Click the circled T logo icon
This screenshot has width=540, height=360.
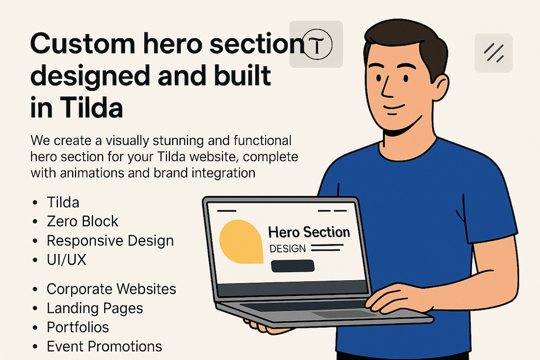(317, 44)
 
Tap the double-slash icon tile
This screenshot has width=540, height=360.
(493, 53)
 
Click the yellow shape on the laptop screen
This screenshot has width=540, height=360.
(241, 242)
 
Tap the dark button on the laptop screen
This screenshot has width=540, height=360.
(293, 266)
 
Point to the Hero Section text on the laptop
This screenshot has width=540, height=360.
(309, 232)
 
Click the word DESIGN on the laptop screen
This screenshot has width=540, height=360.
(288, 249)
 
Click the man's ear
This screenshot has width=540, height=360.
(440, 88)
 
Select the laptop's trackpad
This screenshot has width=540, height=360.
(345, 314)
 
